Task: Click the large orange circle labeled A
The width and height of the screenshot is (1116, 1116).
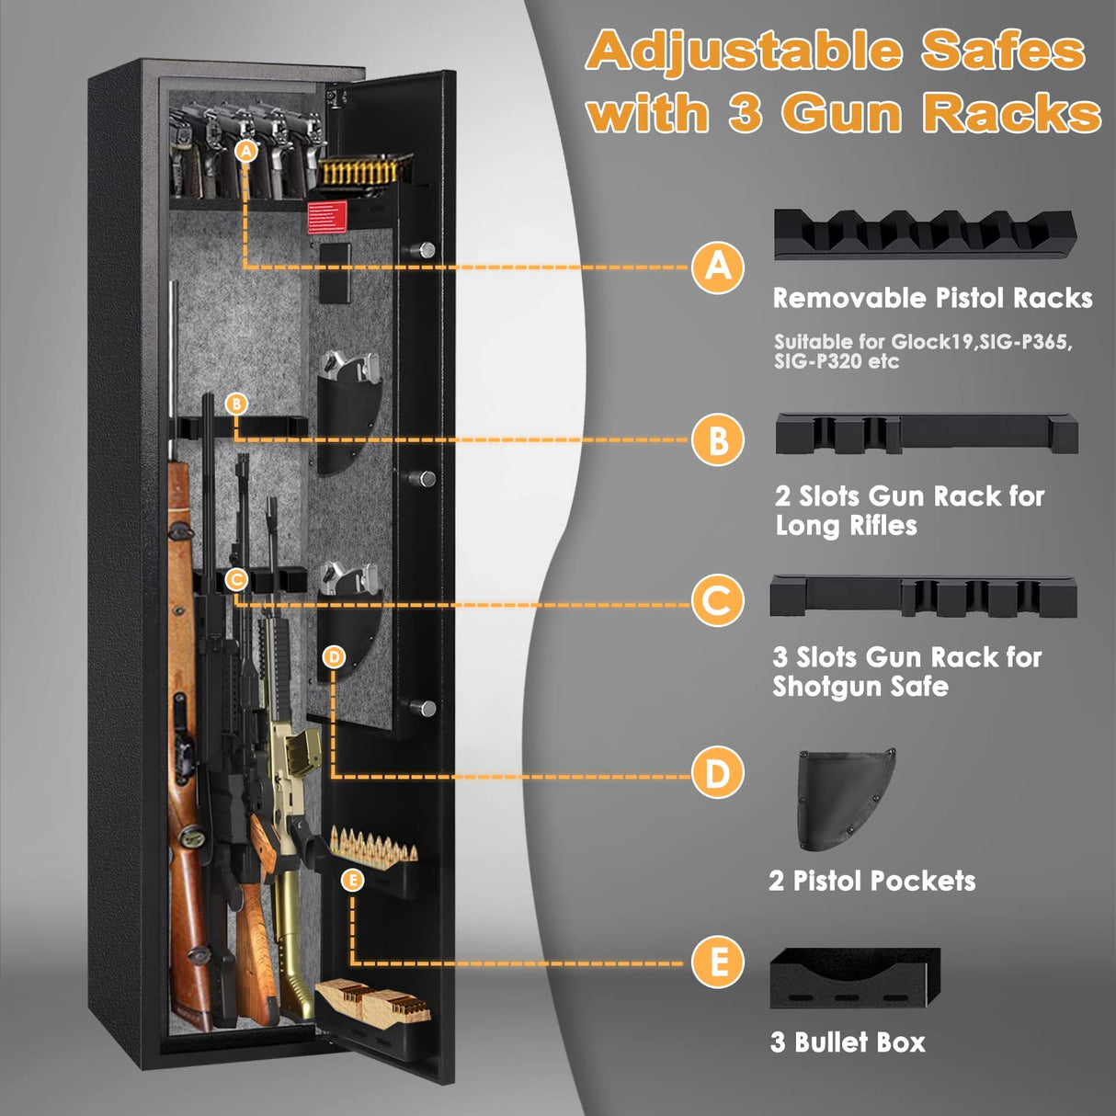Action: click(x=718, y=268)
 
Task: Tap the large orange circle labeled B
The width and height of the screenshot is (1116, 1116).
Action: click(x=718, y=439)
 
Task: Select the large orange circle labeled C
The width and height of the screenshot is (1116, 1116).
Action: click(x=717, y=601)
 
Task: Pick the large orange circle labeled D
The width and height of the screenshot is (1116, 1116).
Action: click(x=717, y=773)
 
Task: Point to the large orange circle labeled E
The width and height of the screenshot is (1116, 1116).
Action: click(x=718, y=962)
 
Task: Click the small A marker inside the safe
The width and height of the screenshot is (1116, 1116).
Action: click(x=245, y=151)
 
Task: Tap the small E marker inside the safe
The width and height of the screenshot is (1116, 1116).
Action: click(x=352, y=880)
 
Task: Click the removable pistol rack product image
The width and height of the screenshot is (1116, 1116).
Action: click(x=924, y=235)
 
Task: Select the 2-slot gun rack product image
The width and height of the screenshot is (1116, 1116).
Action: click(x=926, y=433)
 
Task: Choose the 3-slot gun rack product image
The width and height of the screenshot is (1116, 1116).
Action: click(x=923, y=598)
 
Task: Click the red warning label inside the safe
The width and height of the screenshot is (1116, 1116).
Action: click(x=328, y=216)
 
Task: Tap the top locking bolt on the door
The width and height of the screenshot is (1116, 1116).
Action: click(x=426, y=250)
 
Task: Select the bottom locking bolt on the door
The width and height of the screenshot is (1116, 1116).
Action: click(x=425, y=707)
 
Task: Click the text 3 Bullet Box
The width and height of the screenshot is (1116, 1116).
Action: click(x=848, y=1042)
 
